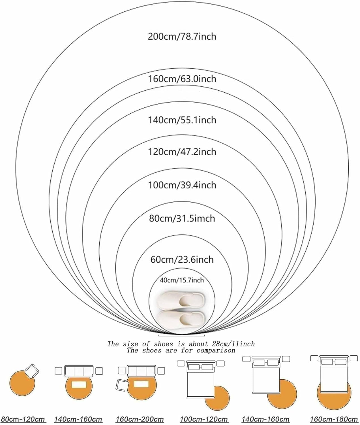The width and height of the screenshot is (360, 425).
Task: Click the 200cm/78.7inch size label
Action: tap(182, 37)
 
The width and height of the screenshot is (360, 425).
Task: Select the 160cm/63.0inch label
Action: tap(182, 78)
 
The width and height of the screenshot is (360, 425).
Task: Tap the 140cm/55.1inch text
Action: tap(182, 120)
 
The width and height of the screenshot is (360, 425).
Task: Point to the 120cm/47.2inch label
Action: tap(182, 152)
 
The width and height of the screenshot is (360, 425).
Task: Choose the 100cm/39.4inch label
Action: tap(182, 185)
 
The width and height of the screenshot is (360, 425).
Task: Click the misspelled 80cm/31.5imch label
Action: tap(182, 218)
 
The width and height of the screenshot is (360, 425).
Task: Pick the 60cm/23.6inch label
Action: tap(182, 259)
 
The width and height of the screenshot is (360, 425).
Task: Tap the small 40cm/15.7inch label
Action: tap(182, 280)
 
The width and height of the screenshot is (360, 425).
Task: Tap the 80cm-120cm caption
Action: tap(23, 419)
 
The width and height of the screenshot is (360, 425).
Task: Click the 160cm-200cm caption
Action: tap(140, 419)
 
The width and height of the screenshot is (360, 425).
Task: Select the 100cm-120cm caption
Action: tap(204, 419)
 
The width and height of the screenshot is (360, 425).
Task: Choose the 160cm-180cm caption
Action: tap(334, 419)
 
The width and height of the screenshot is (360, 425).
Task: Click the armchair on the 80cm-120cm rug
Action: tap(32, 370)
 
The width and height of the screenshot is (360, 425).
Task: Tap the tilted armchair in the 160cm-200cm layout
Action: tap(123, 385)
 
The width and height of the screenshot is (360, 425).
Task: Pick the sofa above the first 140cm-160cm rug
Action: tap(79, 371)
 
